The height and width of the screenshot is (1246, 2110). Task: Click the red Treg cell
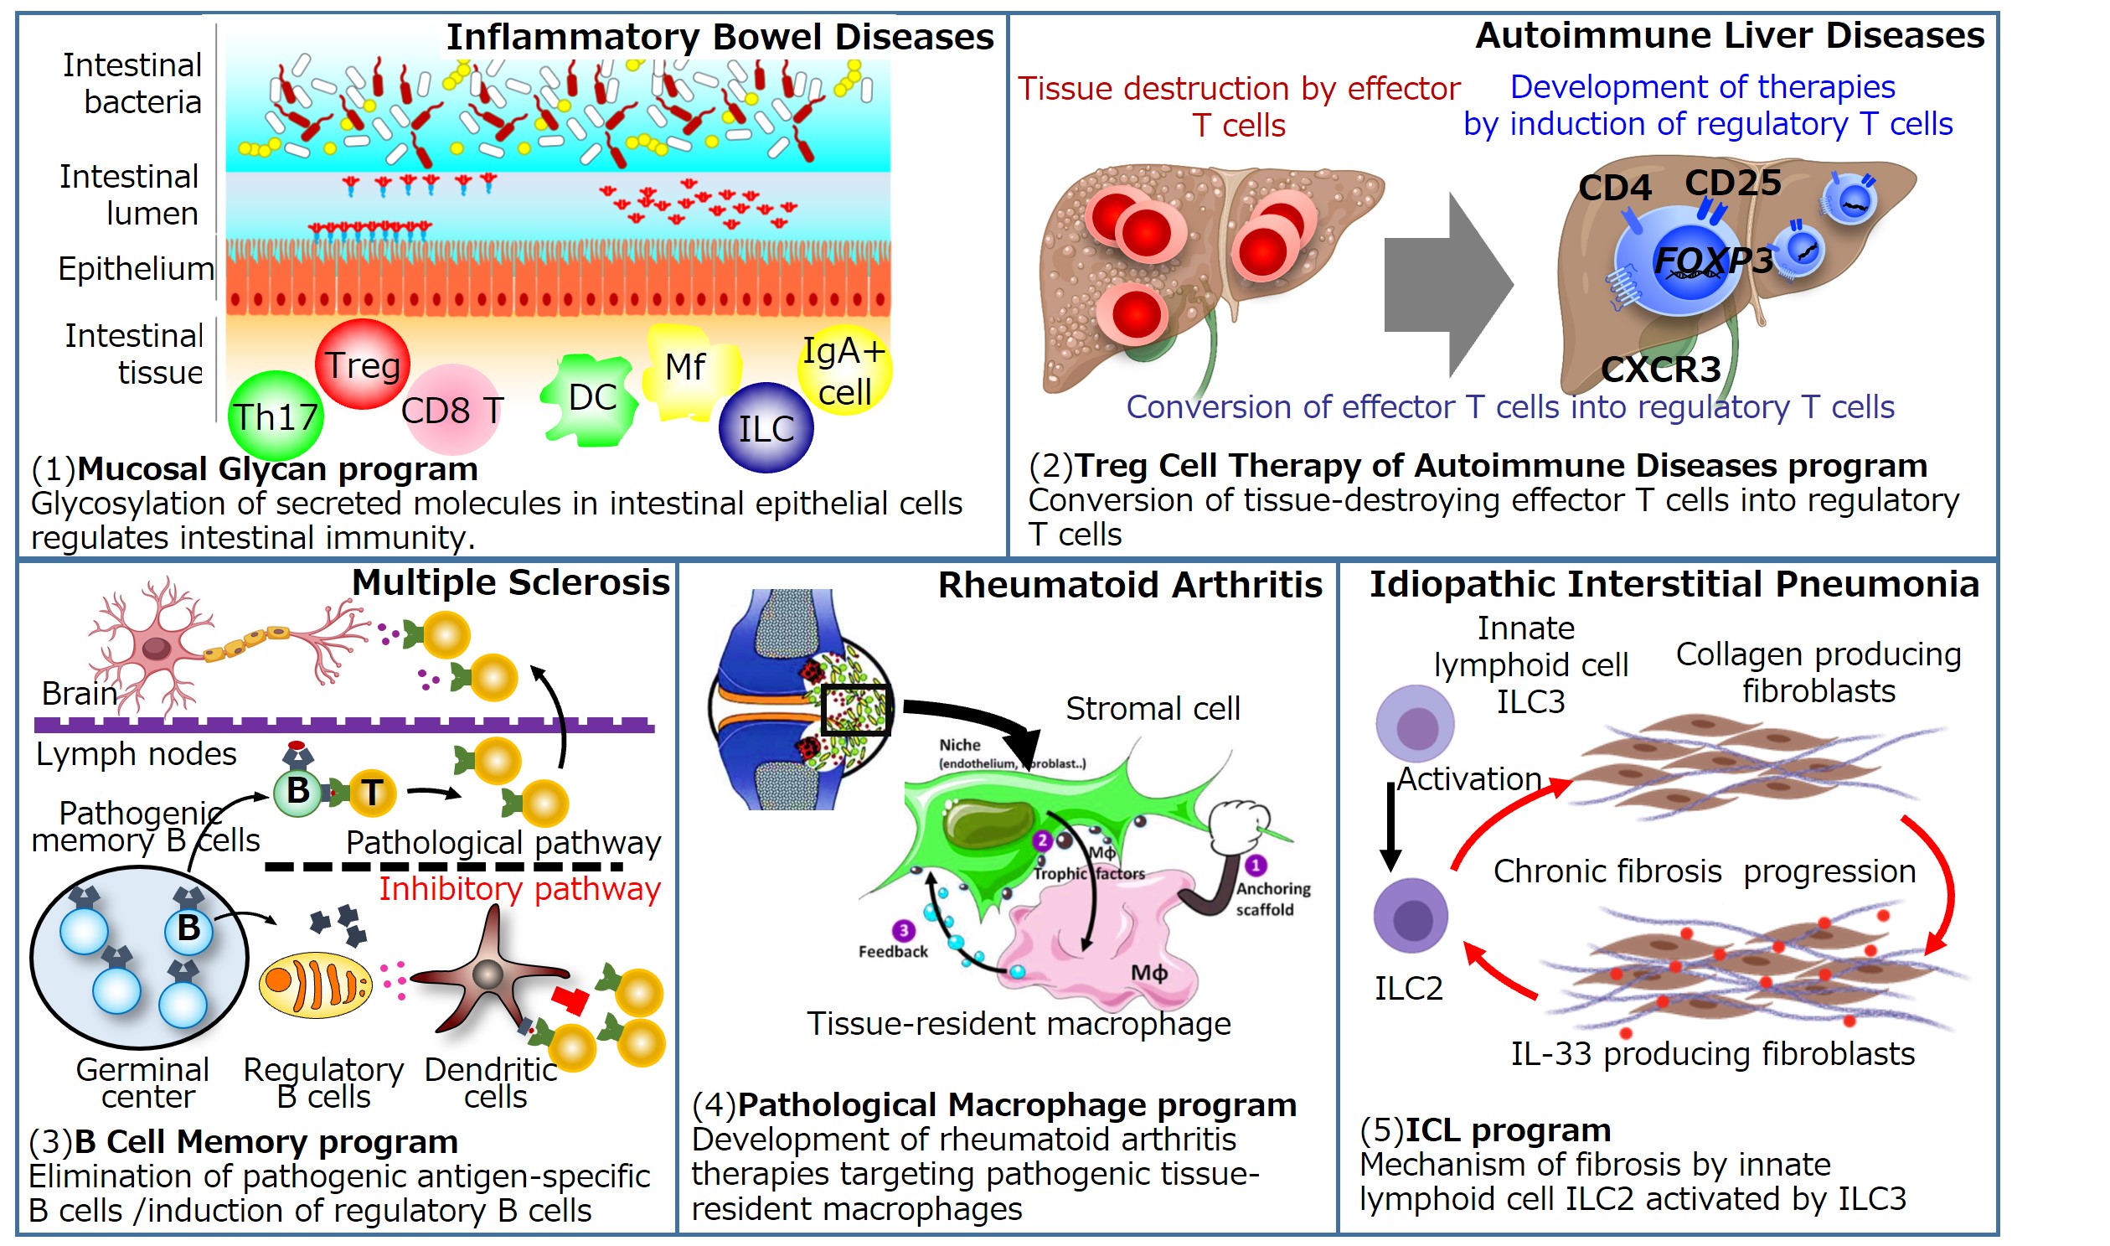(363, 364)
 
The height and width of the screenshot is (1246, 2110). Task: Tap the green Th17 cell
(276, 416)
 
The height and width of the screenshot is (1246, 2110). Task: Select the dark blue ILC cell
(766, 428)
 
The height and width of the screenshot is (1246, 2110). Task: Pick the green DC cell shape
(589, 399)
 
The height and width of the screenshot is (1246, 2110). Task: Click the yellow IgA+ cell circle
(843, 370)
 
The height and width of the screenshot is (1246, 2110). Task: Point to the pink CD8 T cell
(451, 410)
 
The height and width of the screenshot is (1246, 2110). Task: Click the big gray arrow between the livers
(1447, 285)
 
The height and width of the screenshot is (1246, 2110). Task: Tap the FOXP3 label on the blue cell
(1712, 261)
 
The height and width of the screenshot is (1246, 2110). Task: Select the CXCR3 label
(1660, 370)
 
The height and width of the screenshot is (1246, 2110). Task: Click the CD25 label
(1732, 182)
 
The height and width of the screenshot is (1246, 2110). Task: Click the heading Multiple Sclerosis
(510, 582)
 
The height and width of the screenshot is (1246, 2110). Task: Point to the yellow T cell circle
(372, 792)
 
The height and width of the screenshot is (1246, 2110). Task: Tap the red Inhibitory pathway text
(519, 888)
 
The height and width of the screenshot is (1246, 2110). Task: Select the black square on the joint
(854, 710)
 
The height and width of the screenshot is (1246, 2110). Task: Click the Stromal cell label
(1153, 709)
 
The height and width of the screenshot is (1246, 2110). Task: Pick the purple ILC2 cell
(1410, 915)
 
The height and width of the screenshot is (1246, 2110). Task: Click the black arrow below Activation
(1390, 827)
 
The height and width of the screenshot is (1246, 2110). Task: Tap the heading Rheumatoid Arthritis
(1130, 585)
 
